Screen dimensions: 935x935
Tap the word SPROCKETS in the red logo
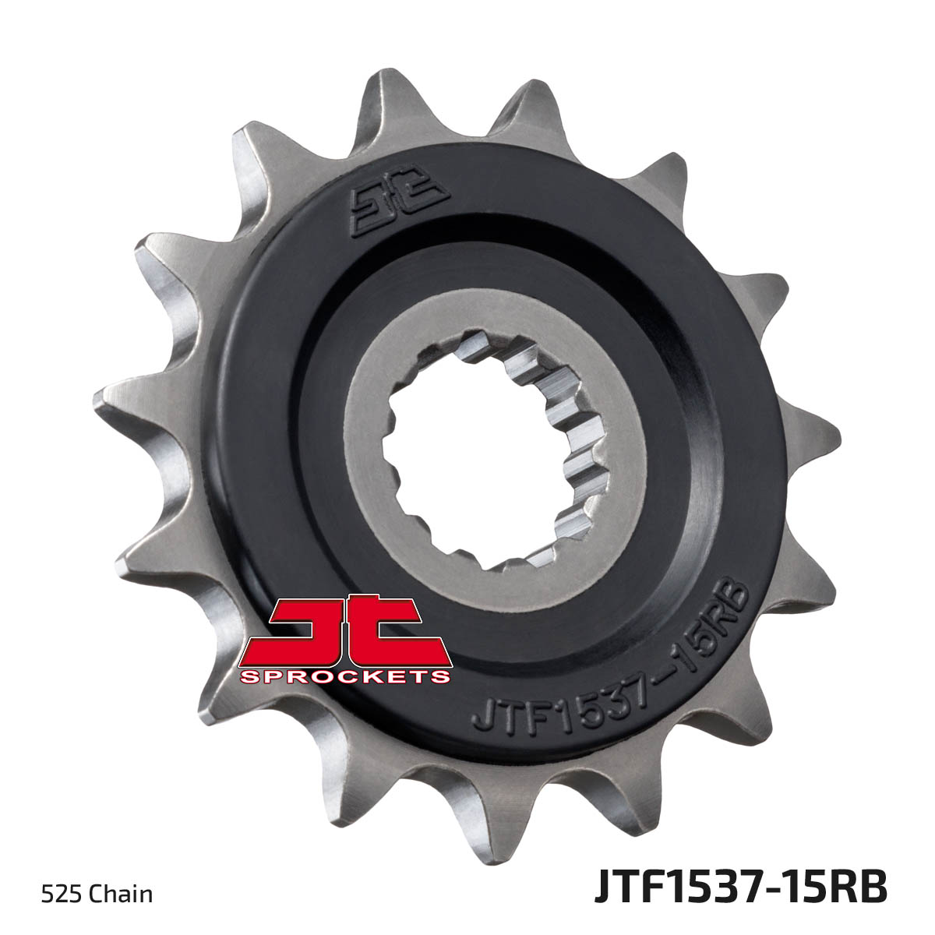pyautogui.click(x=344, y=676)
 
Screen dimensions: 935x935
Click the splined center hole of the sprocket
pyautogui.click(x=490, y=450)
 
